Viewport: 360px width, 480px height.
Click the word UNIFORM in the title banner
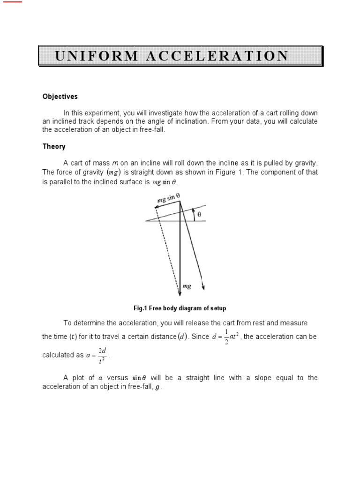[x=97, y=56]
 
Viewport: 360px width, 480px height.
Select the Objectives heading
[x=60, y=97]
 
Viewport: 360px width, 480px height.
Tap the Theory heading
[x=54, y=147]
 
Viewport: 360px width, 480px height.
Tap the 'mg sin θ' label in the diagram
[x=165, y=200]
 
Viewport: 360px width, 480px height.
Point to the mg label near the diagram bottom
[x=186, y=286]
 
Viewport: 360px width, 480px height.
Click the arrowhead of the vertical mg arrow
[x=180, y=293]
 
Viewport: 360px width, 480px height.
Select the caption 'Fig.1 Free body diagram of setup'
[x=180, y=308]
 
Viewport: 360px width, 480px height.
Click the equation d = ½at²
[x=225, y=337]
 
